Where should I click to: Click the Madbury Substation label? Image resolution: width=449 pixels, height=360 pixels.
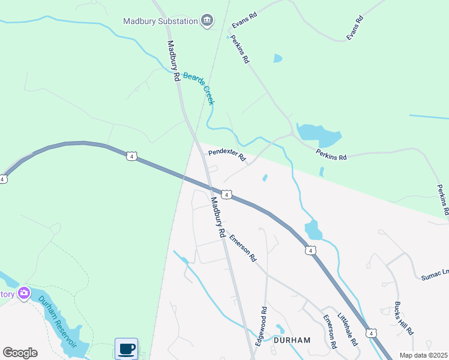pos(160,21)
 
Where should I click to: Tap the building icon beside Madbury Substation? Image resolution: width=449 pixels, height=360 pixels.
pos(207,21)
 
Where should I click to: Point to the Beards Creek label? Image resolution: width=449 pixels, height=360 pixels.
pos(199,88)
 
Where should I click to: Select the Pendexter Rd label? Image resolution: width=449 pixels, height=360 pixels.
pos(228,155)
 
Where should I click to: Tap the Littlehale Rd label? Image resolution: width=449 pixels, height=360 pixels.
pos(348,330)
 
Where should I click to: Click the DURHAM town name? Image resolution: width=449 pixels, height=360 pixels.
pos(292,340)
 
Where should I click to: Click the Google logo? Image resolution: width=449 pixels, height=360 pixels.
pos(20,352)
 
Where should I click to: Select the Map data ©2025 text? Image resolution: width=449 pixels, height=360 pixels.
pos(423,355)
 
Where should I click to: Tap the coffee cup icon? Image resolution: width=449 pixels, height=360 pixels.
pos(126,349)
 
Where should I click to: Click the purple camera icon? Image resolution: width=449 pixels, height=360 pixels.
pos(24,293)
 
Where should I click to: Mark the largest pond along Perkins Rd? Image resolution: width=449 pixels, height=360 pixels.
pos(318,134)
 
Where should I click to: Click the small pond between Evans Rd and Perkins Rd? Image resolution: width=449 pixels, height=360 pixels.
pos(277,58)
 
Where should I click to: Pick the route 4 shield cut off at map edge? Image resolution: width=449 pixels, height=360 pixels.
pos(3,179)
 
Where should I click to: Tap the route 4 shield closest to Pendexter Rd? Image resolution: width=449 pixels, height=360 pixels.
pos(226,194)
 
